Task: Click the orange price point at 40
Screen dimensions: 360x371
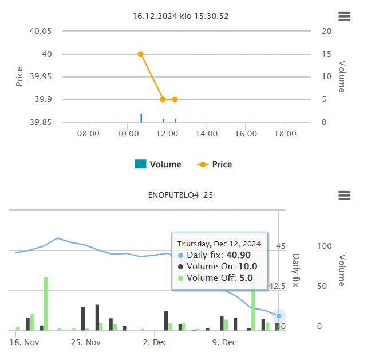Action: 140,54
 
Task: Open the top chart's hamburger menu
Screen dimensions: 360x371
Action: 344,17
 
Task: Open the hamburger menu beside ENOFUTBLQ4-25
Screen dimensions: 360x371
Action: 344,195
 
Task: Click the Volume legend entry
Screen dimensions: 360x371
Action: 158,165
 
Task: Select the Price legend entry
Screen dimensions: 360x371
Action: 215,165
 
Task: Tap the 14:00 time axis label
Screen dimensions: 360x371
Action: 206,134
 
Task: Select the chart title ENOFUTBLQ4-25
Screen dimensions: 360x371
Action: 180,195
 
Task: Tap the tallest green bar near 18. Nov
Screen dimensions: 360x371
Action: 46,304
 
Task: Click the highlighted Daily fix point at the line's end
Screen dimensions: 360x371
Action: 279,316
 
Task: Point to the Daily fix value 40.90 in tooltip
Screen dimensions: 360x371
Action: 238,255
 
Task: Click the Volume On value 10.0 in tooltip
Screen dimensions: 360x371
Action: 247,267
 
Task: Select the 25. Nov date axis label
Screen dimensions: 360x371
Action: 86,343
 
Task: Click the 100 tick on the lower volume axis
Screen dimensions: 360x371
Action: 325,246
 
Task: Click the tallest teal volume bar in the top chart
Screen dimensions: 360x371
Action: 141,118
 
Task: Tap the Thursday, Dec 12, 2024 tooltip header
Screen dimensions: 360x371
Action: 219,244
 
